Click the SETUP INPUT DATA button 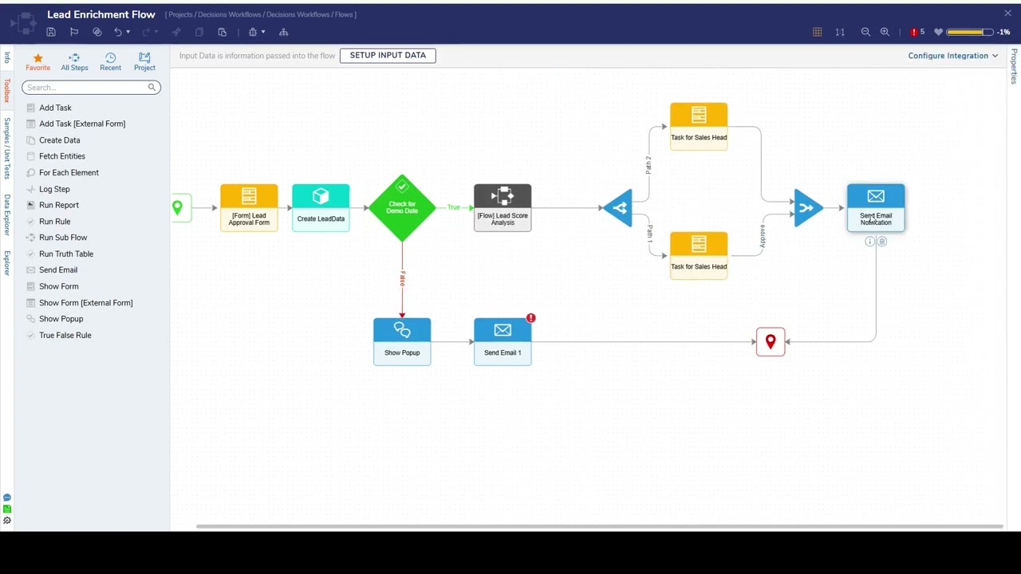[388, 55]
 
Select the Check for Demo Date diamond [402, 207]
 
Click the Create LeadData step [321, 207]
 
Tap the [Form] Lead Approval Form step [249, 207]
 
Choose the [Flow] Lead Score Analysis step [503, 207]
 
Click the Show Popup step [402, 341]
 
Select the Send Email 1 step [503, 341]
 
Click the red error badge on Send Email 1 [530, 318]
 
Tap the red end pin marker [771, 341]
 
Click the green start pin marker [177, 208]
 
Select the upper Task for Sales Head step [699, 126]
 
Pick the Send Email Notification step [876, 207]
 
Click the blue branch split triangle [619, 208]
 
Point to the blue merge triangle [807, 208]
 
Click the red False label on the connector [403, 278]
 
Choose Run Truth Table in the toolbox [66, 254]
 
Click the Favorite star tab [37, 61]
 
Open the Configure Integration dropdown [953, 56]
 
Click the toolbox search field [85, 88]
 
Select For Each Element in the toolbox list [69, 172]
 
